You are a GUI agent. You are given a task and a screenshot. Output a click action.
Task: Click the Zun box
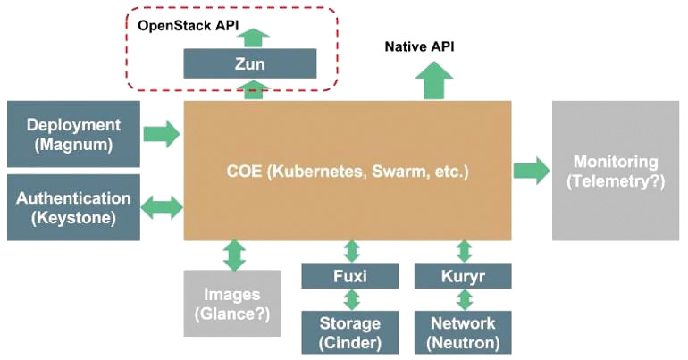pyautogui.click(x=249, y=63)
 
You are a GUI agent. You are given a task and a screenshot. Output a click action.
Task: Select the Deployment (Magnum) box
pyautogui.click(x=73, y=134)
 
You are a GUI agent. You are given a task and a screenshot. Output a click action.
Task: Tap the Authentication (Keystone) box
pyautogui.click(x=73, y=207)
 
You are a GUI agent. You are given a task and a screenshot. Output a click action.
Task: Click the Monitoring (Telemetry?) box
pyautogui.click(x=615, y=171)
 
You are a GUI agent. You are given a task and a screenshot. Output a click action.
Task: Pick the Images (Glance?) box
pyautogui.click(x=232, y=304)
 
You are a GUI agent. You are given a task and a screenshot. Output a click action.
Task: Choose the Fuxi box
pyautogui.click(x=349, y=276)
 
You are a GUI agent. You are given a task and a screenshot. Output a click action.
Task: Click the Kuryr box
pyautogui.click(x=463, y=276)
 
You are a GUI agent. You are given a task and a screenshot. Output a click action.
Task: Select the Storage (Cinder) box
pyautogui.click(x=349, y=332)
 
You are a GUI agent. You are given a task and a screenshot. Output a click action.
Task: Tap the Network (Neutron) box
pyautogui.click(x=463, y=332)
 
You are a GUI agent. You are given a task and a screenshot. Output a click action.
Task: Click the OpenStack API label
pyautogui.click(x=189, y=25)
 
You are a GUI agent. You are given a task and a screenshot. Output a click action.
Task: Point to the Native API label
pyautogui.click(x=419, y=46)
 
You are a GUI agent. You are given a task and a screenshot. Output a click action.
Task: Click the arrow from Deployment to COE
pyautogui.click(x=162, y=134)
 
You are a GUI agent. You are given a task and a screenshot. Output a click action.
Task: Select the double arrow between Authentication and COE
pyautogui.click(x=162, y=206)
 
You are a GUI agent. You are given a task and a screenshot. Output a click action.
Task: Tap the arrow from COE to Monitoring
pyautogui.click(x=531, y=170)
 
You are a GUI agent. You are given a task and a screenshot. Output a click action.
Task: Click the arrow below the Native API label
pyautogui.click(x=433, y=80)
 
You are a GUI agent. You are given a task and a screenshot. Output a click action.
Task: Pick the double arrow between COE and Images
pyautogui.click(x=234, y=255)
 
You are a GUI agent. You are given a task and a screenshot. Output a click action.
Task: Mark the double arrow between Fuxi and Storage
pyautogui.click(x=351, y=299)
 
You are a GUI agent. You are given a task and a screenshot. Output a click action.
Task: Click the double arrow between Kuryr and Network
pyautogui.click(x=465, y=299)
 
